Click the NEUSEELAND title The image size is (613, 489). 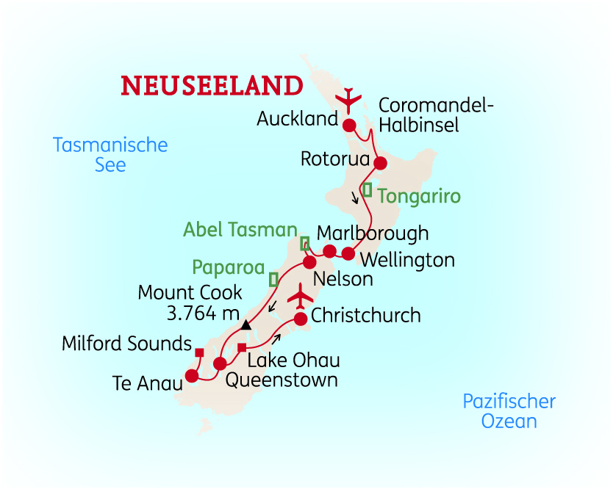pos(212,85)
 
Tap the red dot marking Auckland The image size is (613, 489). pos(349,124)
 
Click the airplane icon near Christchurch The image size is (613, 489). pos(301,297)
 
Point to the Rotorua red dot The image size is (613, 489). pos(380,163)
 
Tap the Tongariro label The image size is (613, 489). pos(419,197)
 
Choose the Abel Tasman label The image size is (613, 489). pos(240,230)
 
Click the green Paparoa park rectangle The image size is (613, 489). pos(273,279)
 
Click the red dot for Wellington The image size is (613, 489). pos(348,254)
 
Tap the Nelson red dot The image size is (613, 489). pos(309,262)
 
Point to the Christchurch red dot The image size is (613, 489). pos(301,319)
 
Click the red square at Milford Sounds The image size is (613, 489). pos(199,352)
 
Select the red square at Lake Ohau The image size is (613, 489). pos(241,347)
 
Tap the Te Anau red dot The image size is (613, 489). pos(192,376)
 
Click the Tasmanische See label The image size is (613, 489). pos(110,154)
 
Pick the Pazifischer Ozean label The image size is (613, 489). pos(509,411)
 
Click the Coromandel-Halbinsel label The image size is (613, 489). pos(436,115)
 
